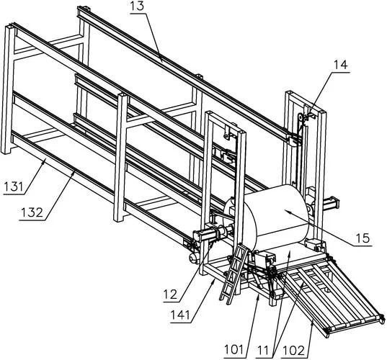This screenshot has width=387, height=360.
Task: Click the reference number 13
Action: (x=137, y=6)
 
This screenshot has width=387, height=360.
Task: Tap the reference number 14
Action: (x=341, y=65)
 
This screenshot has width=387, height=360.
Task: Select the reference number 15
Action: (x=362, y=238)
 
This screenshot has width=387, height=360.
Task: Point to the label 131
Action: (x=14, y=186)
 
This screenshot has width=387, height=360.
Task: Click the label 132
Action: (x=32, y=212)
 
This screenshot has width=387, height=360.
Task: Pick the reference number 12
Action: (x=170, y=294)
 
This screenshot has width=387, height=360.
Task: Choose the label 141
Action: (x=181, y=315)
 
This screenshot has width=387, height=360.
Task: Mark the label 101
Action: (x=234, y=350)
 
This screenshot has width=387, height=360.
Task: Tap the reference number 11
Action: (x=263, y=351)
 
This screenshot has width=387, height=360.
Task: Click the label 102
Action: (x=295, y=351)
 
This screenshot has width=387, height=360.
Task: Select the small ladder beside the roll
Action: (x=233, y=274)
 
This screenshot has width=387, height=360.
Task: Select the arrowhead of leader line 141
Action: (x=214, y=282)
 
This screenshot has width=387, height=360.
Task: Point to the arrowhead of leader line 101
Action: (x=258, y=297)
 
